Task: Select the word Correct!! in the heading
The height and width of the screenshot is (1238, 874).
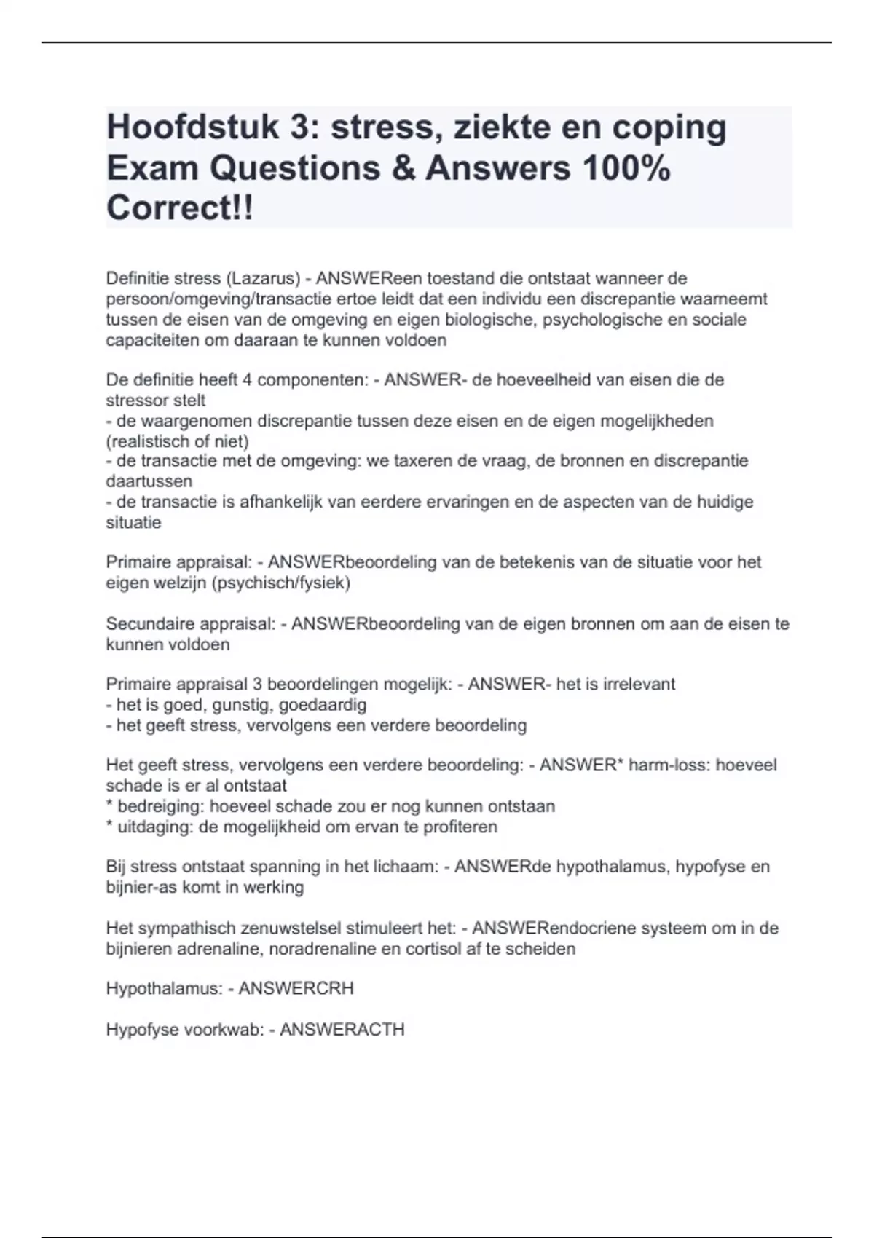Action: point(180,208)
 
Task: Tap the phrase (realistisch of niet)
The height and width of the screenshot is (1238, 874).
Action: point(178,441)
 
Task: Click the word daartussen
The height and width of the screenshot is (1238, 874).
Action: point(149,481)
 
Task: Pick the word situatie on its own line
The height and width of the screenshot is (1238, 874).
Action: point(133,522)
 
